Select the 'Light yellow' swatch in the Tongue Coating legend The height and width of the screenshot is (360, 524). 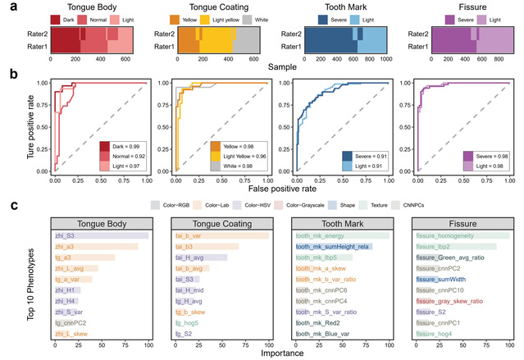point(203,19)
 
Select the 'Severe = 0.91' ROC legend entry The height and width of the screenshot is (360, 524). point(364,156)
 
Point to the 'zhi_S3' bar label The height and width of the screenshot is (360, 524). point(65,236)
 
